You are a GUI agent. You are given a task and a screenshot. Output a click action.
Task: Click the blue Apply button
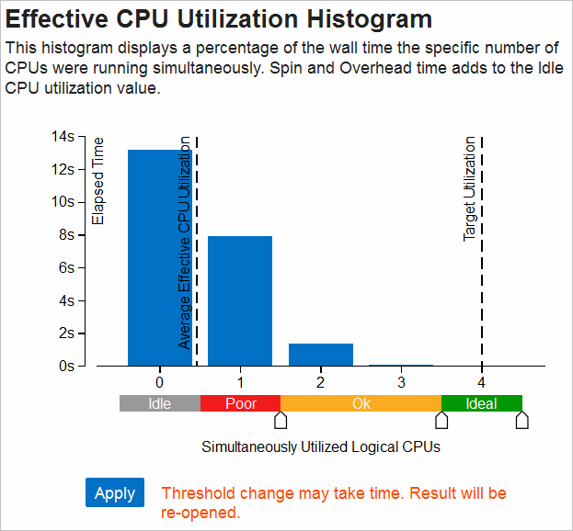115,492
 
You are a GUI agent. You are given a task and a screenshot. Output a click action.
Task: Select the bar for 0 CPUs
160,257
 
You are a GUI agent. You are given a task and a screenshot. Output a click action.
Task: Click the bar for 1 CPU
240,300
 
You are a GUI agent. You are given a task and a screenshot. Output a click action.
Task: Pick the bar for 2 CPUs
321,355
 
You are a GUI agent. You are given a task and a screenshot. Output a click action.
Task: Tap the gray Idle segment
160,403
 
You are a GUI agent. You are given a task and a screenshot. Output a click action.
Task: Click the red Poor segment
240,403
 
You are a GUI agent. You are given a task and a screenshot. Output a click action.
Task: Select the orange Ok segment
361,403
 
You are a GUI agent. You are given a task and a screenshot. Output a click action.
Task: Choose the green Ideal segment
481,403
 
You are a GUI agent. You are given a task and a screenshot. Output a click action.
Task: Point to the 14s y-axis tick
63,137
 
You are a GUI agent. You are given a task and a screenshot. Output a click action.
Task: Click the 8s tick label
65,235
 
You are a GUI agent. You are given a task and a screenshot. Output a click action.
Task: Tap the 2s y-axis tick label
65,333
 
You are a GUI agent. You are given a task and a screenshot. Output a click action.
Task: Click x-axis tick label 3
401,381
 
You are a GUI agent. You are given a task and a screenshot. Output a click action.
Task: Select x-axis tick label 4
481,381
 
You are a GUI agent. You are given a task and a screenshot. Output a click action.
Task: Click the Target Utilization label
470,189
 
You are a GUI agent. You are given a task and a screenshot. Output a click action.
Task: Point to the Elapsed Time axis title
99,181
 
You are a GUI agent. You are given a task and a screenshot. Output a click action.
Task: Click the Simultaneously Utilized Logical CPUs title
321,447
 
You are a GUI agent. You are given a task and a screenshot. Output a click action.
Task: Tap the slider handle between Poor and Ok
281,420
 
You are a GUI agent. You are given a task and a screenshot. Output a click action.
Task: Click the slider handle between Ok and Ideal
441,420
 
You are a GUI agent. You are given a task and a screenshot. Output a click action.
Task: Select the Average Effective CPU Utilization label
185,243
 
